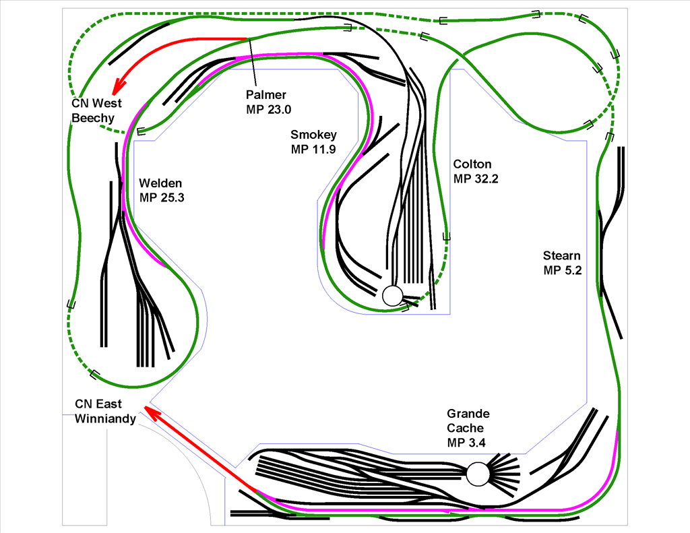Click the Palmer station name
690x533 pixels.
point(265,94)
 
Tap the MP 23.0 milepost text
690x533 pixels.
point(268,110)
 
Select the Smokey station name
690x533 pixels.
point(313,135)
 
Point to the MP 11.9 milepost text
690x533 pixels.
point(313,150)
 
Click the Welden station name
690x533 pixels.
point(160,183)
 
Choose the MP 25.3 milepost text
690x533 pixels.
point(162,198)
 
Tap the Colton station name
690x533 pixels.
point(472,164)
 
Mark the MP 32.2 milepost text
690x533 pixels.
point(476,179)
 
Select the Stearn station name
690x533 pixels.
point(561,255)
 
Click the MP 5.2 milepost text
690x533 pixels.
point(563,271)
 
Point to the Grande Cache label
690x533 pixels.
point(468,420)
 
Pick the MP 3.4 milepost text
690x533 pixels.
point(466,443)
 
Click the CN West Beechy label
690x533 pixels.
point(96,111)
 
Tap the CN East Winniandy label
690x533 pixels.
point(105,411)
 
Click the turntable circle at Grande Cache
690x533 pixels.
point(478,474)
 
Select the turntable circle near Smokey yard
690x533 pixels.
point(393,295)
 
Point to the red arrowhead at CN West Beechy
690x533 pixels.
point(118,86)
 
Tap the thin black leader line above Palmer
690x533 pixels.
point(253,62)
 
